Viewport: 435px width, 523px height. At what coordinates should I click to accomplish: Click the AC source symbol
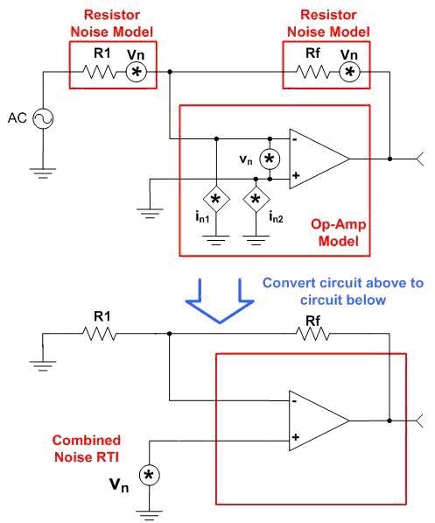pyautogui.click(x=43, y=118)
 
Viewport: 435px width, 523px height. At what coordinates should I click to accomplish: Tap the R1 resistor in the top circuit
pyautogui.click(x=100, y=72)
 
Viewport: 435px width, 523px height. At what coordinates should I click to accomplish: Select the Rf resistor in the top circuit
pyautogui.click(x=313, y=72)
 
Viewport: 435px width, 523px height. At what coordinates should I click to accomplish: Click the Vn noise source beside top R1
pyautogui.click(x=137, y=72)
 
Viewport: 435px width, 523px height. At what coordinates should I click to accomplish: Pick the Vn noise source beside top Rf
pyautogui.click(x=350, y=72)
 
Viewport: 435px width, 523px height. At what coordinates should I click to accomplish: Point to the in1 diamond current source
pyautogui.click(x=216, y=199)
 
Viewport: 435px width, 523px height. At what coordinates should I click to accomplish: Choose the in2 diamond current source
pyautogui.click(x=256, y=199)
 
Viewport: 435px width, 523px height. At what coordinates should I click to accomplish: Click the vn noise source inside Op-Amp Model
pyautogui.click(x=270, y=159)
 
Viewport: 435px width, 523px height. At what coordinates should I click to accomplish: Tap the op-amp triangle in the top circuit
pyautogui.click(x=319, y=159)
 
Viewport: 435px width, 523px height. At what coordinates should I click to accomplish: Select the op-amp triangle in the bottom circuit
pyautogui.click(x=319, y=421)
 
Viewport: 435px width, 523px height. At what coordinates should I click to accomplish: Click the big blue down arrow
pyautogui.click(x=220, y=301)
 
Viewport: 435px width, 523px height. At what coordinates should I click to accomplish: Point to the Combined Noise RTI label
pyautogui.click(x=87, y=449)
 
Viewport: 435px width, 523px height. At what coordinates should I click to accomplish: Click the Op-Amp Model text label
pyautogui.click(x=339, y=232)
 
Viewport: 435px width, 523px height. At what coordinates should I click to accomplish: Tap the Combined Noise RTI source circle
pyautogui.click(x=150, y=476)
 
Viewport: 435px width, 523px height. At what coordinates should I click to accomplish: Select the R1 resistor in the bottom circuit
pyautogui.click(x=100, y=334)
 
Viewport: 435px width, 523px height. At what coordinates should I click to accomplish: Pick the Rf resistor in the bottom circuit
pyautogui.click(x=313, y=334)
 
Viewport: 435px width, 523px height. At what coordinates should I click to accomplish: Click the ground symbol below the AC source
pyautogui.click(x=43, y=173)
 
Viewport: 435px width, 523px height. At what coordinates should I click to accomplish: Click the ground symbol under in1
pyautogui.click(x=216, y=241)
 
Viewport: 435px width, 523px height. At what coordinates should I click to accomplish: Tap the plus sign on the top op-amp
pyautogui.click(x=296, y=175)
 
